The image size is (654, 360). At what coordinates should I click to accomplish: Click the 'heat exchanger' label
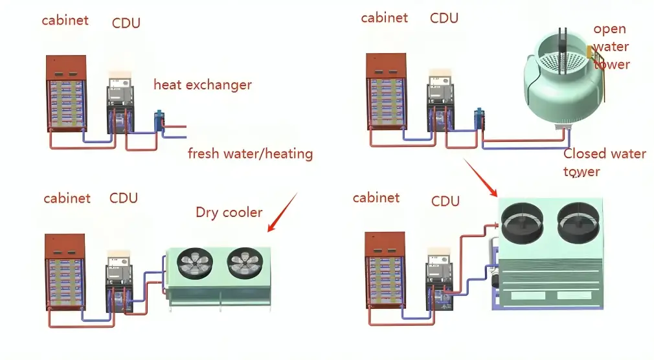202,85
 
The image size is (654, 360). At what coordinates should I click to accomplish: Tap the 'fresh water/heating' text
250,154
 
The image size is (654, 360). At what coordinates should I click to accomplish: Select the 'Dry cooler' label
229,213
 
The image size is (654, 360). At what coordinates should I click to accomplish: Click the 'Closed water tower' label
603,162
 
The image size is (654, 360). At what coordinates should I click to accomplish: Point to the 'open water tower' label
611,47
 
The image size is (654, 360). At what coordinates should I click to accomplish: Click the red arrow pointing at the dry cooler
282,212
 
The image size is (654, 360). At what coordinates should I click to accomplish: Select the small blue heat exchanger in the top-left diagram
159,122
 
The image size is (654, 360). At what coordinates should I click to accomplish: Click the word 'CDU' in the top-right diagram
444,18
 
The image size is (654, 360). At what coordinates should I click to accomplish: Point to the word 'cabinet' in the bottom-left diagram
67,198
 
